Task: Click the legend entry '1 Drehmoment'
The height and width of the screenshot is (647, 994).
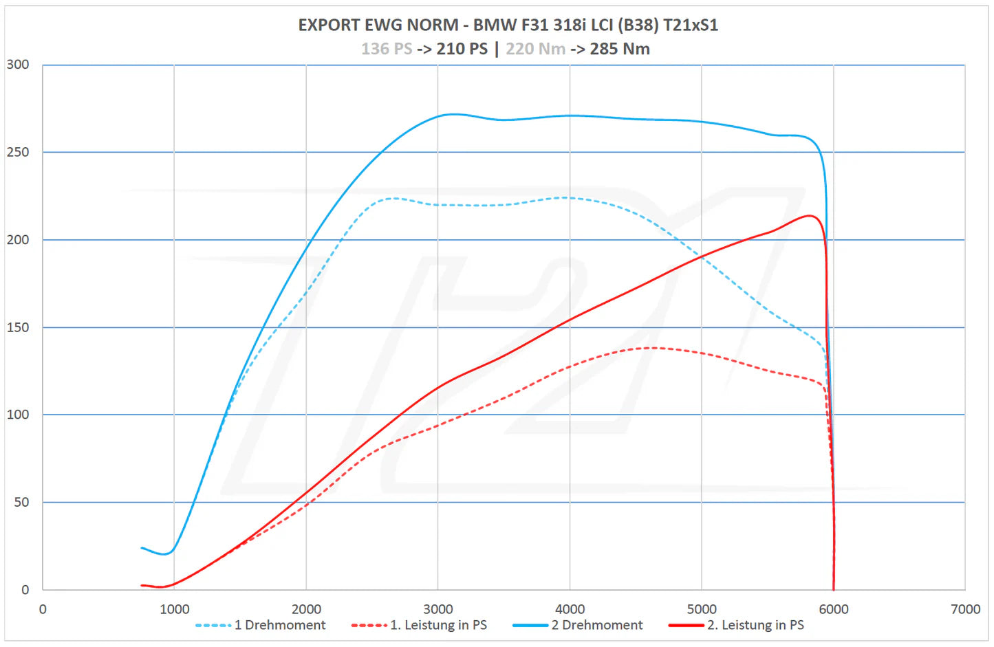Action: tap(279, 625)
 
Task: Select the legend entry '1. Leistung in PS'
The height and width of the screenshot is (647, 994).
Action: tap(438, 625)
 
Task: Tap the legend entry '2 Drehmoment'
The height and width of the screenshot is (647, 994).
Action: tap(596, 625)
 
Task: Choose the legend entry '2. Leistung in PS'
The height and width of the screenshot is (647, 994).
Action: tap(755, 625)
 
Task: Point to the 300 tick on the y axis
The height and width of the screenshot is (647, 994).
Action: tap(18, 65)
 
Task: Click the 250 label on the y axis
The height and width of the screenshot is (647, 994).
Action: tap(18, 152)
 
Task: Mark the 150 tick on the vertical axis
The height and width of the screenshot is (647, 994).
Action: tap(18, 327)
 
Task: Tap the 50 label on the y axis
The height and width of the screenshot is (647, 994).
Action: tap(21, 502)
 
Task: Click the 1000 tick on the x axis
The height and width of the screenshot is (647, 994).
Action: tap(175, 609)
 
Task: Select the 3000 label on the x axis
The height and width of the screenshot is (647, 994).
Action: tap(438, 609)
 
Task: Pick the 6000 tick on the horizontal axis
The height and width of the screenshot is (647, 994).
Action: tap(834, 609)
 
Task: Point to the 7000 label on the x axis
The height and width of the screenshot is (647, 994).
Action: tap(965, 609)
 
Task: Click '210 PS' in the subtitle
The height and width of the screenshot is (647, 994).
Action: tap(462, 49)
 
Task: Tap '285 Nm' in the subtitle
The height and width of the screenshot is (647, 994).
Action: tap(620, 49)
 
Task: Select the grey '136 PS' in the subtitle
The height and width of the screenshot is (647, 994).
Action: tap(387, 49)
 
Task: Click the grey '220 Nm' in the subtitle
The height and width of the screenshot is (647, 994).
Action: tap(535, 49)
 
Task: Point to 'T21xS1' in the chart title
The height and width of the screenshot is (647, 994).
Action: tap(691, 25)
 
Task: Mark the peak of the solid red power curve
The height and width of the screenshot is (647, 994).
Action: tap(810, 216)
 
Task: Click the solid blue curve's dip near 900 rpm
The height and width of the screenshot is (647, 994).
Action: tap(165, 553)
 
